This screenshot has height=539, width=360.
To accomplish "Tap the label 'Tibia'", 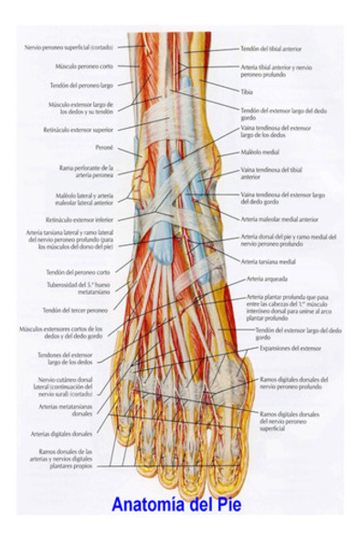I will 247,92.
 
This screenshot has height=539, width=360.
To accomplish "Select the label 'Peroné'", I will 101,146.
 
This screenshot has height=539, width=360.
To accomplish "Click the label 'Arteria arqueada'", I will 265,278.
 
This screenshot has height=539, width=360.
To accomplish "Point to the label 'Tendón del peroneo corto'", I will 78,272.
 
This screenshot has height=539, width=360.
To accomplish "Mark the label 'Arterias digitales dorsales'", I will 63,434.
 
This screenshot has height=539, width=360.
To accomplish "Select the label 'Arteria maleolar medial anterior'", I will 280,219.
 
